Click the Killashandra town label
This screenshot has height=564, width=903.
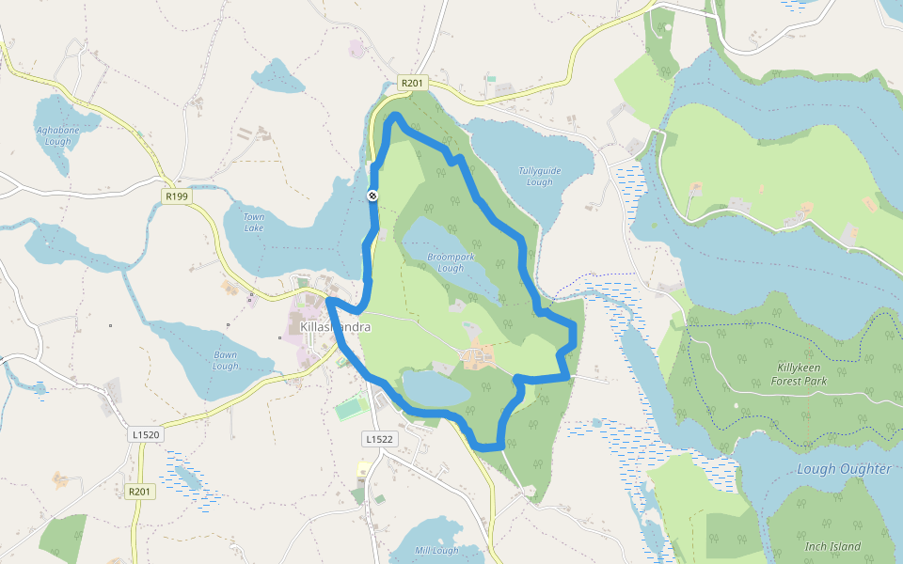pos(335,327)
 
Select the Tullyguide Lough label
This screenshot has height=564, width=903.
pos(539,176)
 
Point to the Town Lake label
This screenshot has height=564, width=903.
pos(254,222)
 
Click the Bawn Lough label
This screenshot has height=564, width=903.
pos(226,360)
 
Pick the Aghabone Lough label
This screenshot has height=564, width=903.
pos(53,135)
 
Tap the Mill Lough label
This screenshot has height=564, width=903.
pos(436,551)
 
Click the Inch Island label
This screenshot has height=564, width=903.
pos(832,546)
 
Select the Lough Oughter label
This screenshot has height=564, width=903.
pos(844,469)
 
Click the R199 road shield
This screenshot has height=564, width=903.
pos(176,196)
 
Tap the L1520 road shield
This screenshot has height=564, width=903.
pos(146,435)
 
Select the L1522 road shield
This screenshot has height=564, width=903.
pos(379,439)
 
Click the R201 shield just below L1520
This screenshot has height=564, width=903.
pos(139,492)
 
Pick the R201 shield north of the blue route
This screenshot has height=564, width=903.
pos(412,83)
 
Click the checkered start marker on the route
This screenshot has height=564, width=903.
pos(372,196)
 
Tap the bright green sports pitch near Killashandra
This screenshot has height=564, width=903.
pos(352,409)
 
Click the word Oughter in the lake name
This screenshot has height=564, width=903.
pos(864,469)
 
